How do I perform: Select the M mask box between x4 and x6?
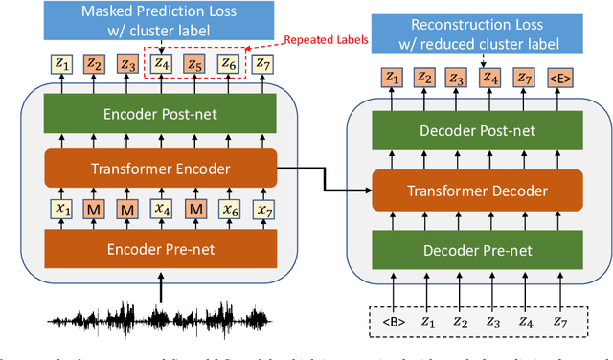click(194, 208)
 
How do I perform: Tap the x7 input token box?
click(261, 208)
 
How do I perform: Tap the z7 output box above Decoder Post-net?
click(524, 77)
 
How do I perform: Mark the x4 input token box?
click(162, 208)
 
